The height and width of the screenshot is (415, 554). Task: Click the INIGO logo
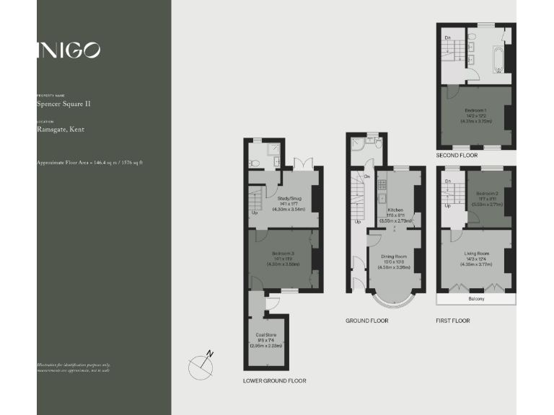coord(69,50)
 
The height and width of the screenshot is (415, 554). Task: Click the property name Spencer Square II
coord(63,104)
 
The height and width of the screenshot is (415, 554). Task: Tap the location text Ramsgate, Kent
coord(60,130)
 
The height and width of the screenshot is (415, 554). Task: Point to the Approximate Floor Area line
coord(89,163)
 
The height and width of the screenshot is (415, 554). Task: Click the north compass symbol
coord(202,365)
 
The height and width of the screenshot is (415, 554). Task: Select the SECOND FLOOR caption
coord(457,155)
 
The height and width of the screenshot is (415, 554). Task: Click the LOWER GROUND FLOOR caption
coord(274,380)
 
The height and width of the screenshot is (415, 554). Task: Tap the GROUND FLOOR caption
coord(366,320)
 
